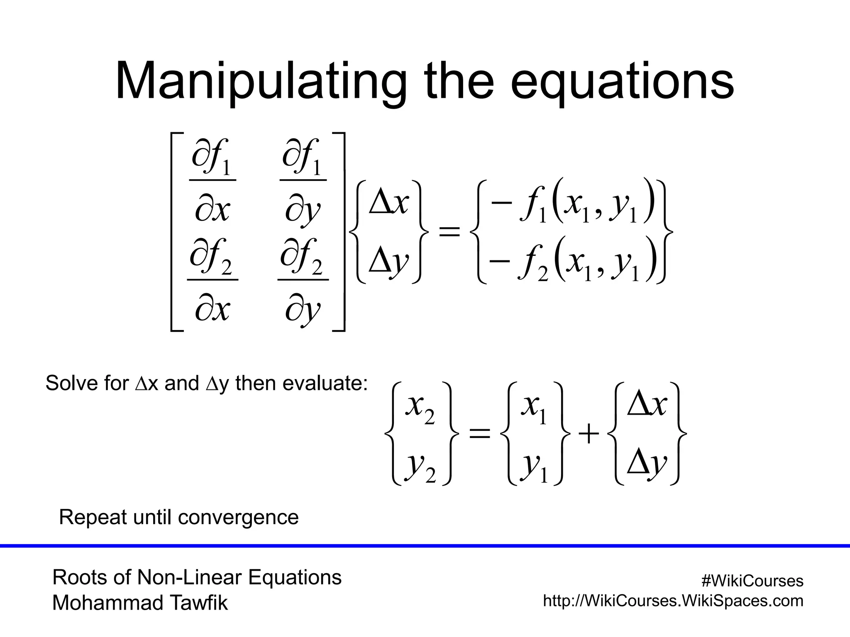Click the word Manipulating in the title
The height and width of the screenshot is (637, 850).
click(261, 81)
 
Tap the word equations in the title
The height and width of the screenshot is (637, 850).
click(622, 81)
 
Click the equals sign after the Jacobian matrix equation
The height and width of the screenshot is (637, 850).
click(449, 231)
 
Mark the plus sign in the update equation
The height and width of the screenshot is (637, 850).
click(589, 435)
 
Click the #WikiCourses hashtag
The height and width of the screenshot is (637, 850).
click(752, 581)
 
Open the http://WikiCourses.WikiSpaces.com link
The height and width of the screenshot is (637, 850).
click(673, 601)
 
